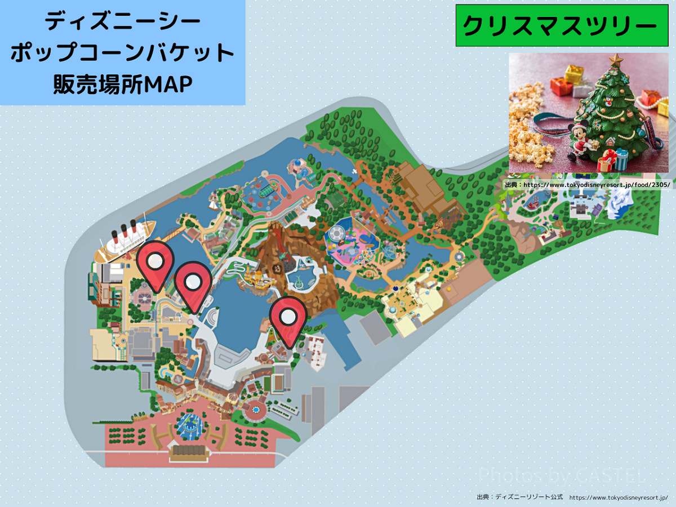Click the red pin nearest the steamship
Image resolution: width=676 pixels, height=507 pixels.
tap(155, 262)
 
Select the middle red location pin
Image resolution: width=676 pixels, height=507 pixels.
tap(193, 282)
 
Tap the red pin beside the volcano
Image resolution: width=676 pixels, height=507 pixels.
tap(288, 317)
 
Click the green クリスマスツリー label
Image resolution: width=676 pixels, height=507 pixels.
tap(560, 25)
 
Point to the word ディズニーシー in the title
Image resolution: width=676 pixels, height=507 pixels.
tap(122, 23)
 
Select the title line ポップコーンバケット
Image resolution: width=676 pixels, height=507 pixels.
tap(122, 54)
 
